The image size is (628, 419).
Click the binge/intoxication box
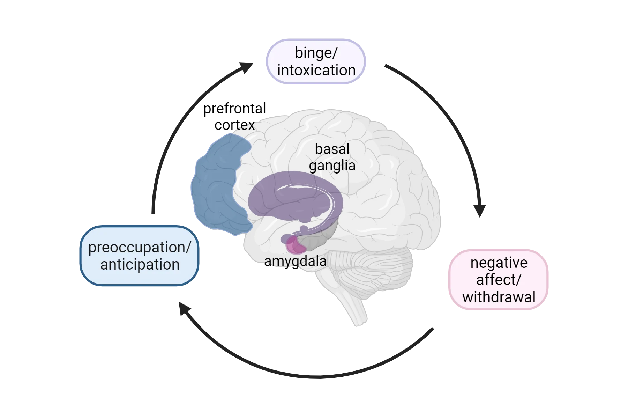click(x=316, y=62)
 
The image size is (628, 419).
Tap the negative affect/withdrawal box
click(x=499, y=280)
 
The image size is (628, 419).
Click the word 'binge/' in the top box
click(x=316, y=53)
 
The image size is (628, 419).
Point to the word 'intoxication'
click(x=316, y=71)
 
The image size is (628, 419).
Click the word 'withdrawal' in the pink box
click(x=499, y=297)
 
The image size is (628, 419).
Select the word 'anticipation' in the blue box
click(x=140, y=264)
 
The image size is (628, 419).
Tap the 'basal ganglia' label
click(x=332, y=157)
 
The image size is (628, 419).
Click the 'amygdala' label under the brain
click(x=295, y=261)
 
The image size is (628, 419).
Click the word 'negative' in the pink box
click(x=499, y=263)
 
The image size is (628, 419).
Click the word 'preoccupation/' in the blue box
click(x=140, y=247)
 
